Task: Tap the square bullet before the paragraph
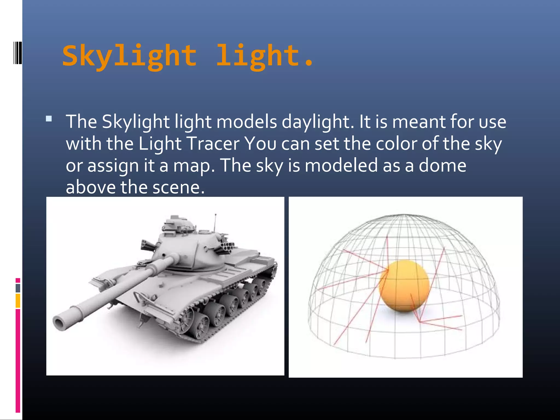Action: click(x=49, y=119)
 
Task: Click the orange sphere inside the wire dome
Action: click(x=404, y=286)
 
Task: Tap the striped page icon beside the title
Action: click(x=17, y=53)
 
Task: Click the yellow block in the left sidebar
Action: click(x=18, y=301)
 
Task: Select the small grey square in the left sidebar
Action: click(x=18, y=288)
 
